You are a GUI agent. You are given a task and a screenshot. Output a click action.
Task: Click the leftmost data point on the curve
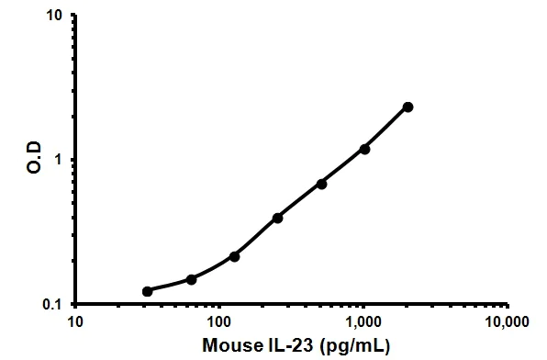[147, 291]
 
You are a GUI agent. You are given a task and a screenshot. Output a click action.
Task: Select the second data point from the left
[191, 279]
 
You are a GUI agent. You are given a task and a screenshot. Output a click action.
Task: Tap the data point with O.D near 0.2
[234, 256]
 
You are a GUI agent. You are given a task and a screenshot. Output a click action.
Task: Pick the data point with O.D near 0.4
[277, 218]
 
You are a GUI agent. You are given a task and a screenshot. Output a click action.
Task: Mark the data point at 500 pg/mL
[321, 184]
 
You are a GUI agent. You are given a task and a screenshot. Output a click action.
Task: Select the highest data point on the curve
[407, 107]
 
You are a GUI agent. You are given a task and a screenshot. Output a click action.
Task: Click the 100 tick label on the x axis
[218, 322]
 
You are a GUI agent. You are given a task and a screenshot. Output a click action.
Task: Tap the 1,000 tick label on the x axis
[363, 322]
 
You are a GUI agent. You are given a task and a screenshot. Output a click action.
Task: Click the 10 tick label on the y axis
[53, 17]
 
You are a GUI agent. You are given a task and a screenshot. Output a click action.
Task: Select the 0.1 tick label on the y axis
[51, 304]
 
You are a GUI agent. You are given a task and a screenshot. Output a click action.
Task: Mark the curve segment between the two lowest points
[169, 287]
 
